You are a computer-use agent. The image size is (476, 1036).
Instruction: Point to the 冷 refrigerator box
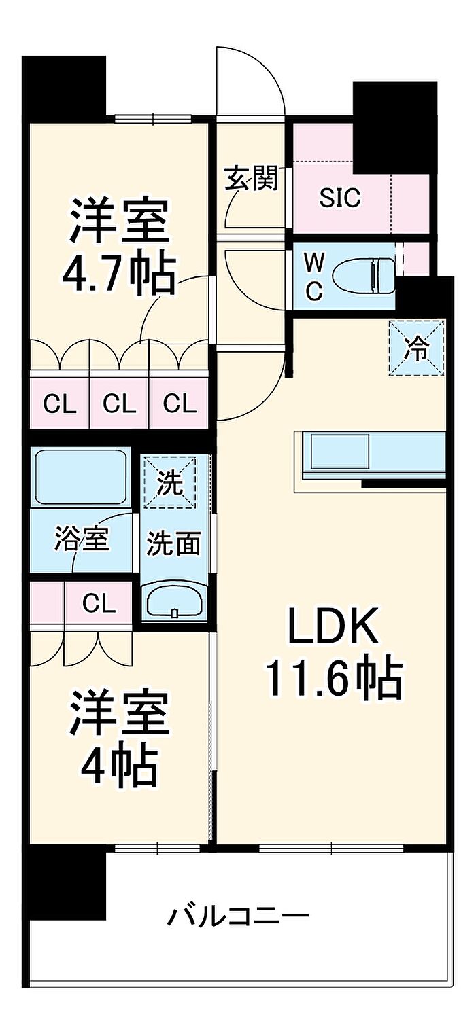coord(416,348)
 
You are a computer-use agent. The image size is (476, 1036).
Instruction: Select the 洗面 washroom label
coord(174,543)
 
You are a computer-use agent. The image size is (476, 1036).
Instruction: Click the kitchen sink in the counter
coord(339,450)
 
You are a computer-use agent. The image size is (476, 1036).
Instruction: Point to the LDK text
coord(333,629)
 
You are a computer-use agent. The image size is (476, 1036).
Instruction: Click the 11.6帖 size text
coord(333,678)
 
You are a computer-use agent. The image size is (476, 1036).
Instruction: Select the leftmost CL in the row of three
coord(60,404)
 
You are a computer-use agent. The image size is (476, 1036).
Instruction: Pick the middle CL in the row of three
coord(120,404)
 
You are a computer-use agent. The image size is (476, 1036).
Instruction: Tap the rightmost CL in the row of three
coord(180,404)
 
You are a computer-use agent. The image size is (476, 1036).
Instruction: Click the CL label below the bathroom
coord(99,603)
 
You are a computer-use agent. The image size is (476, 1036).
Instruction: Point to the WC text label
coord(313,275)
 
